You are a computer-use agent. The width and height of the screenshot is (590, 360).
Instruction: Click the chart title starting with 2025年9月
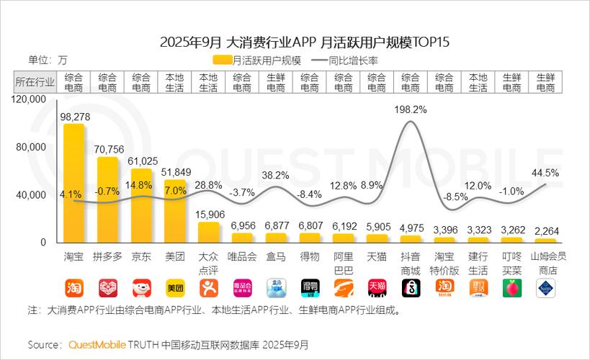click(295, 41)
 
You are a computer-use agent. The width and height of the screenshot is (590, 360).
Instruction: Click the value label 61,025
click(141, 160)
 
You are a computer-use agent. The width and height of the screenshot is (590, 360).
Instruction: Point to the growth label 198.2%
click(411, 109)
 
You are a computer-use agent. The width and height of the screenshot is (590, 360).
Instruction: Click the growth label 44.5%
click(545, 173)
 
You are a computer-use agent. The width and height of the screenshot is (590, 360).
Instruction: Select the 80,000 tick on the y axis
click(30, 147)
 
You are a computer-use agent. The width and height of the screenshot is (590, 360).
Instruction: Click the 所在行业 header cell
click(35, 81)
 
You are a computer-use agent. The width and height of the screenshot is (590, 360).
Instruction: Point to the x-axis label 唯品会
click(243, 257)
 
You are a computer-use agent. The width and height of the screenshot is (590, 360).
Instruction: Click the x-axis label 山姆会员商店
click(545, 263)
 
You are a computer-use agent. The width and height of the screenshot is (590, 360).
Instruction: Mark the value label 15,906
click(209, 214)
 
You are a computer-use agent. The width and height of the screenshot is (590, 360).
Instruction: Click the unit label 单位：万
click(48, 60)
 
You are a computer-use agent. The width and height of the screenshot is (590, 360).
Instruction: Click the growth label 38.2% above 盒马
click(276, 175)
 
